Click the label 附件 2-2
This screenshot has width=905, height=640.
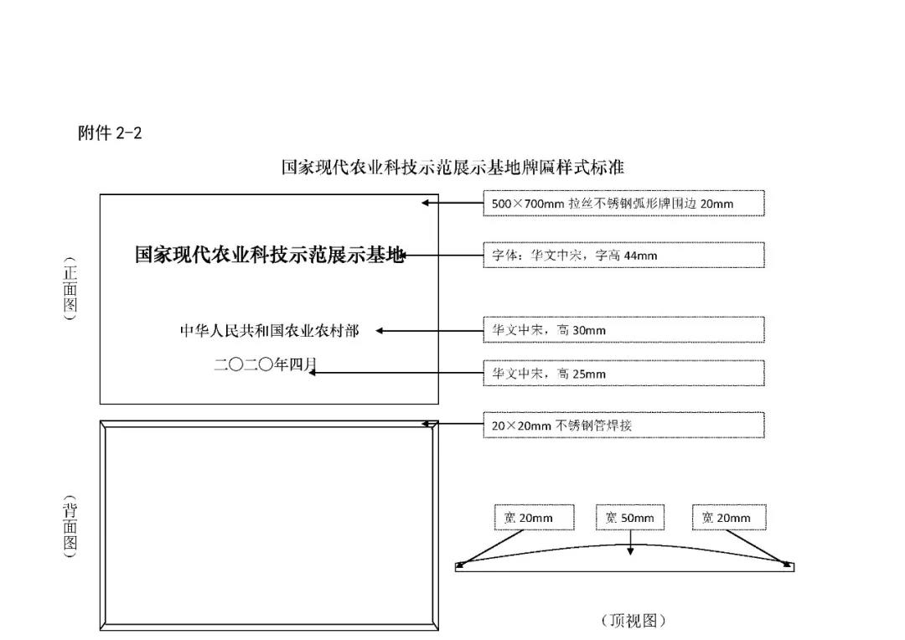click(110, 133)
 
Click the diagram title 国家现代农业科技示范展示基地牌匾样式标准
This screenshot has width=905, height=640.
click(452, 168)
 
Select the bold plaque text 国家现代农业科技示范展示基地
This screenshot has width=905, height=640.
click(269, 255)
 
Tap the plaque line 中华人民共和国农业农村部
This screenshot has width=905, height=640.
click(270, 331)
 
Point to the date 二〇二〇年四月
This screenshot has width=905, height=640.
click(266, 364)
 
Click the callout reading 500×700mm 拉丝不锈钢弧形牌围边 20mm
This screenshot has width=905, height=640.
click(624, 203)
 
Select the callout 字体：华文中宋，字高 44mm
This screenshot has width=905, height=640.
click(624, 255)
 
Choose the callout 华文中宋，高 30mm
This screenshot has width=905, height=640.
click(624, 329)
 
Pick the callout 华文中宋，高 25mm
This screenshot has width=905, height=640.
click(624, 374)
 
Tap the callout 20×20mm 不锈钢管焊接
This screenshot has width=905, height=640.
click(624, 426)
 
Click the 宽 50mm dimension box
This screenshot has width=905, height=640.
click(629, 518)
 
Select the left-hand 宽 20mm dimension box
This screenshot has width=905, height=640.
click(534, 518)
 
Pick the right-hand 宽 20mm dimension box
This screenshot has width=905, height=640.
click(729, 518)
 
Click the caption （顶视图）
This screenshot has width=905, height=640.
click(633, 621)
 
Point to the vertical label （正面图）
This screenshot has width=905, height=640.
click(70, 289)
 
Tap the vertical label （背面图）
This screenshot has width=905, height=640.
click(70, 526)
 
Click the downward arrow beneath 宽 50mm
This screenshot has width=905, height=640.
click(630, 543)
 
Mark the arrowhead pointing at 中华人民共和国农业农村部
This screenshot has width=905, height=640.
click(380, 331)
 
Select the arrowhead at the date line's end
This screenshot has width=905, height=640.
click(312, 373)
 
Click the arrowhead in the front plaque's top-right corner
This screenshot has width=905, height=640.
click(425, 203)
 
